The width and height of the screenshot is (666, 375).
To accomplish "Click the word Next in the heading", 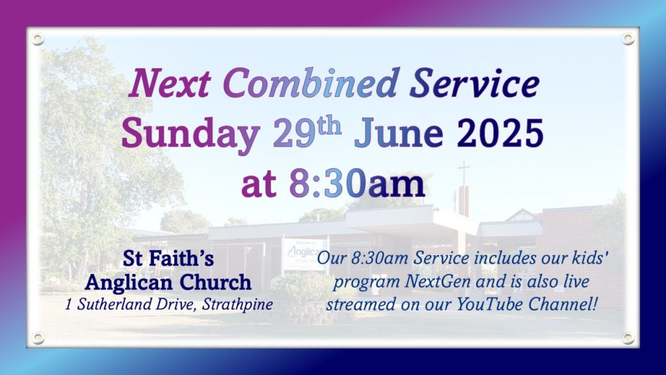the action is tap(170, 83).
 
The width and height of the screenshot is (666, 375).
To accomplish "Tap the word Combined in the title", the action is tap(310, 83).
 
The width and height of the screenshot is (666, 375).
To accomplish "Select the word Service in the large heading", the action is tap(474, 83).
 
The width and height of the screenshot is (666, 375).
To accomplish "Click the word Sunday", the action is tap(191, 133).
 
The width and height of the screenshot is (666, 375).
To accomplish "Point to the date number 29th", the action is tap(307, 132).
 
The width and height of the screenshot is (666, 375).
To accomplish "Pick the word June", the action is tap(399, 133).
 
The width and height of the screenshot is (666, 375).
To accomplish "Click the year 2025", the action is tap(500, 133).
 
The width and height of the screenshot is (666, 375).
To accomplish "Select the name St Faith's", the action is tap(168, 258).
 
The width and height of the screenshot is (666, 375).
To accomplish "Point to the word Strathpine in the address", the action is tap(237, 305).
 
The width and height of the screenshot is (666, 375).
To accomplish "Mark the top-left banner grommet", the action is tap(37, 40).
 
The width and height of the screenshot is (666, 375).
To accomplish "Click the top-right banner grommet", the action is tap(628, 39).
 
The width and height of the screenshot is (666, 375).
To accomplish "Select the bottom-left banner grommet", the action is tap(37, 339).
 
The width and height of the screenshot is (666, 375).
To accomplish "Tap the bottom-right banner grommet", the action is tap(628, 339).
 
